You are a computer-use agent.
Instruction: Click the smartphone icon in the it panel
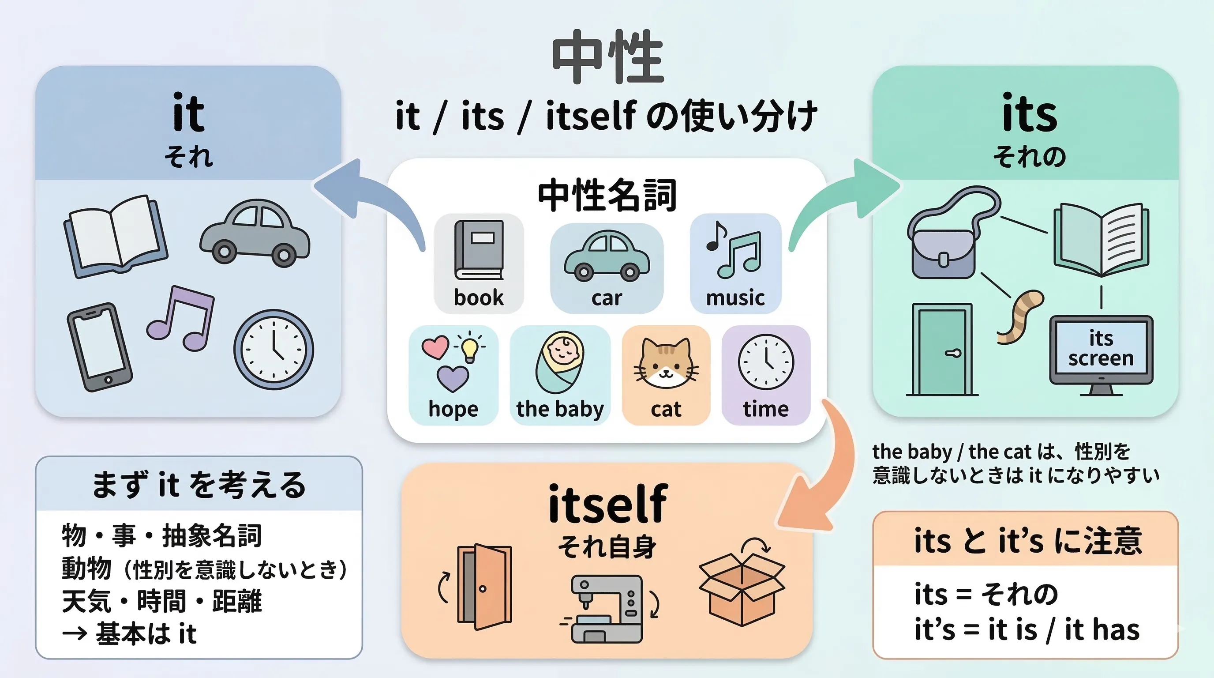(99, 347)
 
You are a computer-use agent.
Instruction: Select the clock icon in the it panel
(274, 349)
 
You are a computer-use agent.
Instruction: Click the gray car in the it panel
(255, 234)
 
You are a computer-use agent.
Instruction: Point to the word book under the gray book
(478, 298)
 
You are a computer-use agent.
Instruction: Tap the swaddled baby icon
(560, 362)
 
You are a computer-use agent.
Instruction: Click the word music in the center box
(735, 298)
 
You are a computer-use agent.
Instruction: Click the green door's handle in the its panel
(953, 353)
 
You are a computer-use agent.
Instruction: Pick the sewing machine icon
(607, 608)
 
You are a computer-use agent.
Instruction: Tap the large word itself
(608, 505)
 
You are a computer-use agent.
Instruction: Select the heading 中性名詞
(607, 195)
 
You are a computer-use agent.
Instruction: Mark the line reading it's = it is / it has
(1027, 629)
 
